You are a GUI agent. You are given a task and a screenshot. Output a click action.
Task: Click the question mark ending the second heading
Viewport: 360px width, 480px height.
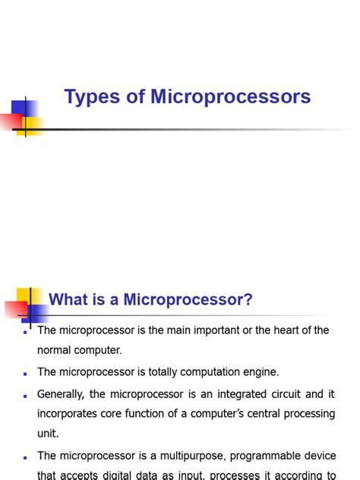[x=248, y=300]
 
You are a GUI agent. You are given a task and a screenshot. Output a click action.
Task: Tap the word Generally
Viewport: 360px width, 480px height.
[x=62, y=394]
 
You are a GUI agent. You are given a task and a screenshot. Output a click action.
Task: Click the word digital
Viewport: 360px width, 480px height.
[x=118, y=475]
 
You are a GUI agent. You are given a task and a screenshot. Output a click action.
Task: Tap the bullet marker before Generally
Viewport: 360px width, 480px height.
[x=25, y=396]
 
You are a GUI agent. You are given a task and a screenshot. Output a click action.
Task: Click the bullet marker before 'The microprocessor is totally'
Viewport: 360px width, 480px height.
[x=25, y=374]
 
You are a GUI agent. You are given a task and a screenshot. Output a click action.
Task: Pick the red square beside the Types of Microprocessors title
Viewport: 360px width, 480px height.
[x=11, y=120]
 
